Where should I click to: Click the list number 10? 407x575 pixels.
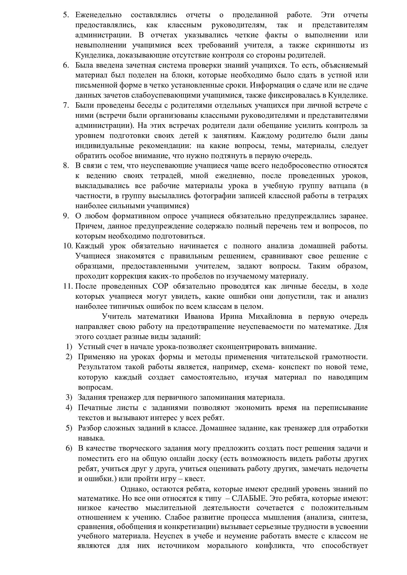click(68, 246)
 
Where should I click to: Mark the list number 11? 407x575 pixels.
click(68, 286)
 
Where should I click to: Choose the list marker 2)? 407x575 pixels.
click(69, 357)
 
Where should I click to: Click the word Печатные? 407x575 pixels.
click(94, 408)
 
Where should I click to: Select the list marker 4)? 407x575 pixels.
click(69, 408)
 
